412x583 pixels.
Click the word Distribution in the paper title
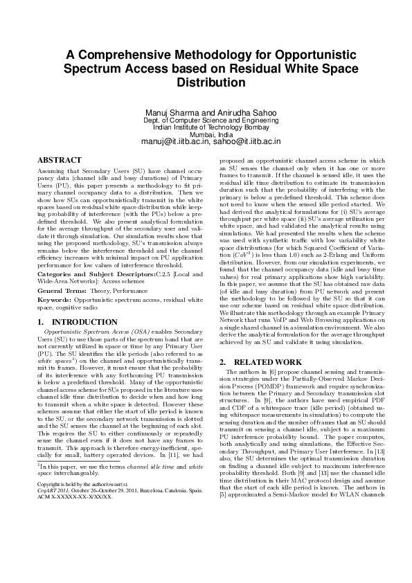206,82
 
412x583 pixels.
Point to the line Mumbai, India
206,134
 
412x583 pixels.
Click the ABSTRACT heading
60,160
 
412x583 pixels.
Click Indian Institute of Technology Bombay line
206,127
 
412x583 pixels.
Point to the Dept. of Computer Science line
206,120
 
